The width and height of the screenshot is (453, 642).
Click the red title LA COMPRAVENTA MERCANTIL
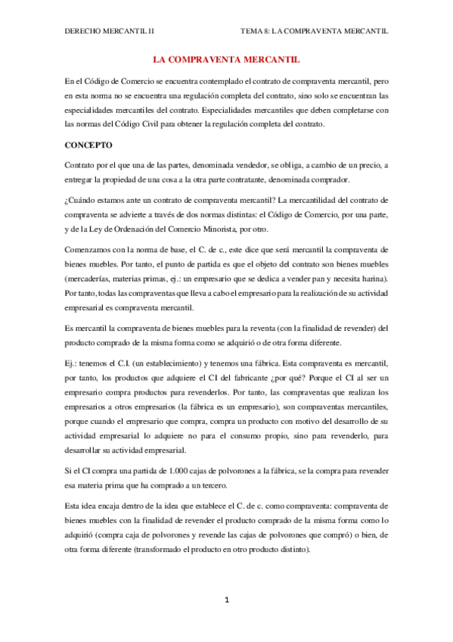coord(225,58)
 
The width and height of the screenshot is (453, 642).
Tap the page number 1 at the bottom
coord(225,600)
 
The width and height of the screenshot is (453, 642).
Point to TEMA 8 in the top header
coord(254,32)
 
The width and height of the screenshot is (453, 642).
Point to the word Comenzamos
coord(92,249)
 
